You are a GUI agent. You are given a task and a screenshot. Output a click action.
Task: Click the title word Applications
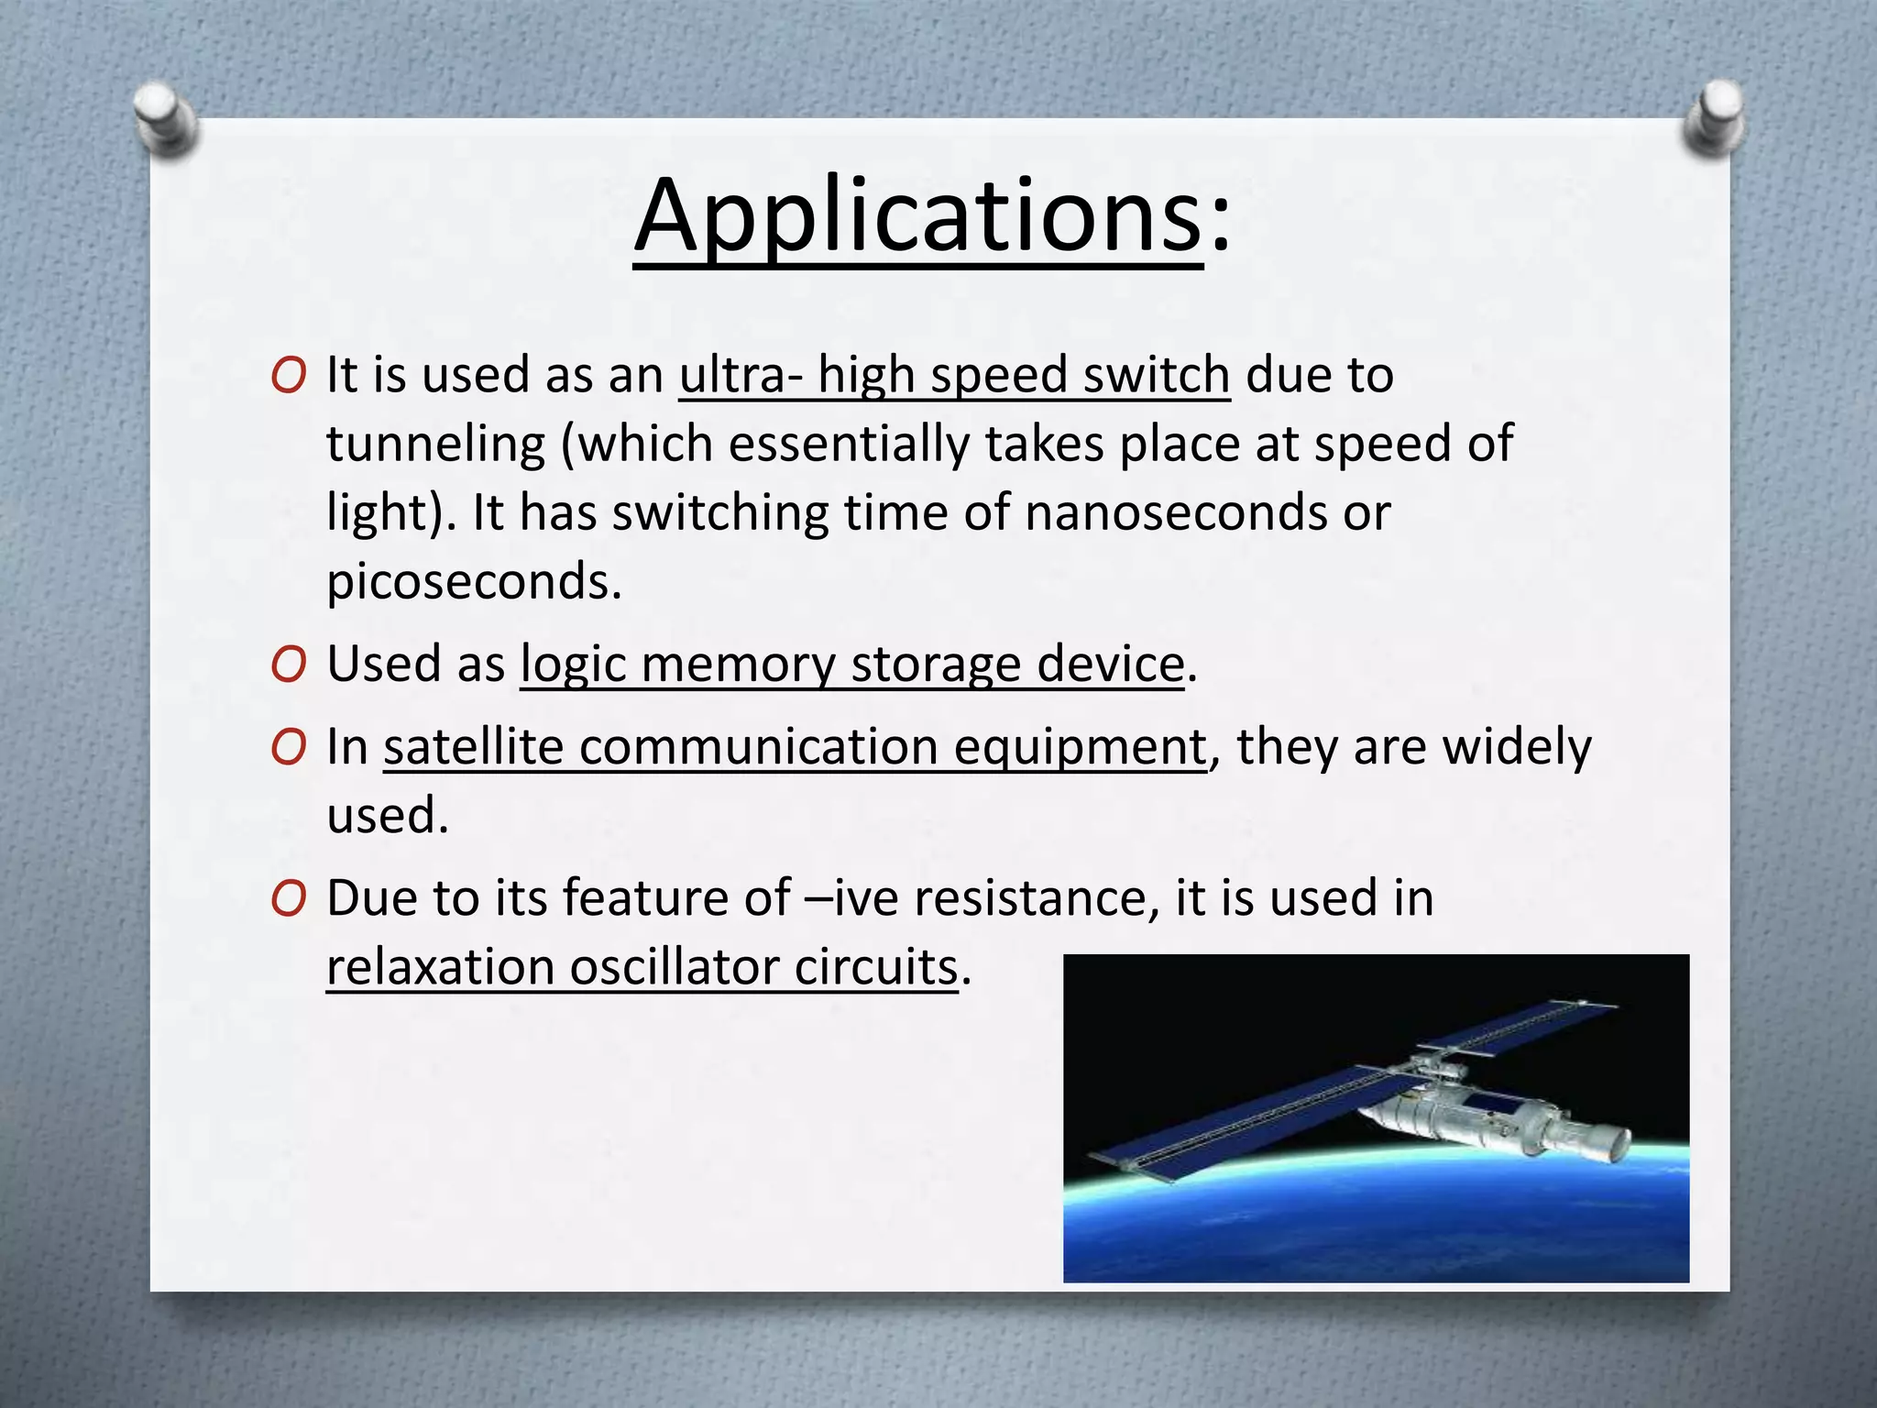pos(917,217)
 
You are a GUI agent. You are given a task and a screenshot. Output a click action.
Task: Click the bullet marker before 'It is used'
pos(288,377)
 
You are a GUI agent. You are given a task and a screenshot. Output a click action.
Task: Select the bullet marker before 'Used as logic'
pos(288,665)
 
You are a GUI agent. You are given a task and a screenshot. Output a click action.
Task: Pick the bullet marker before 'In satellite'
pos(288,748)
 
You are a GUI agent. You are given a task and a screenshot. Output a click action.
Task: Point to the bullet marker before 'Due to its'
pos(288,899)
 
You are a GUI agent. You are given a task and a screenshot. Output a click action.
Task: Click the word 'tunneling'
pos(436,445)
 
